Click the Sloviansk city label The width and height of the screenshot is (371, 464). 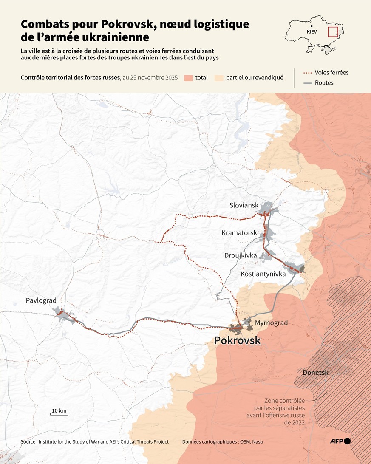click(244, 205)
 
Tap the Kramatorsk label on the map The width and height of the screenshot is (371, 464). click(239, 233)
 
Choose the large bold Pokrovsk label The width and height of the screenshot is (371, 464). click(237, 340)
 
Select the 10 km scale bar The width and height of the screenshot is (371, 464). click(59, 412)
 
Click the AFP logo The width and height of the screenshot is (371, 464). click(340, 441)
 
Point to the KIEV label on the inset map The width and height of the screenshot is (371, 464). click(312, 32)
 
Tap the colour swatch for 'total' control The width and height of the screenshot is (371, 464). click(188, 78)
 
